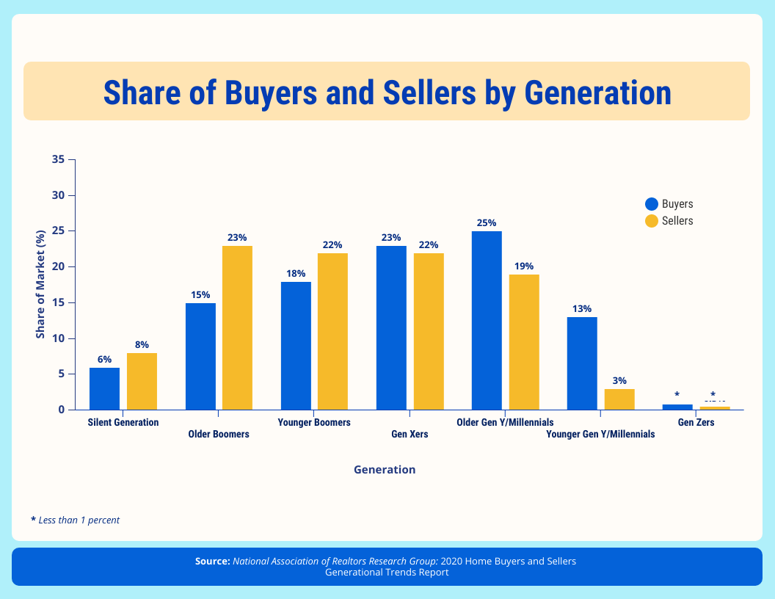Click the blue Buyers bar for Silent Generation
[104, 388]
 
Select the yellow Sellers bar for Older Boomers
[237, 327]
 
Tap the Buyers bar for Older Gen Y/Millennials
[487, 320]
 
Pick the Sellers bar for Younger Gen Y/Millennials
[619, 399]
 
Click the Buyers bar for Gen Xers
[391, 327]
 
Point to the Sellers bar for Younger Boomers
[332, 331]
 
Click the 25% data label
[487, 222]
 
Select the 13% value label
[582, 308]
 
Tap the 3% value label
[619, 380]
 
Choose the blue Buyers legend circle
[651, 204]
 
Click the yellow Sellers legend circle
[651, 220]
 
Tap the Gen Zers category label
[696, 422]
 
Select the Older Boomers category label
[219, 434]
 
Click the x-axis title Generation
[385, 470]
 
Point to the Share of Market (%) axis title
[41, 284]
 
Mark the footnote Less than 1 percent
[79, 520]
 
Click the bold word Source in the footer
[213, 561]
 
